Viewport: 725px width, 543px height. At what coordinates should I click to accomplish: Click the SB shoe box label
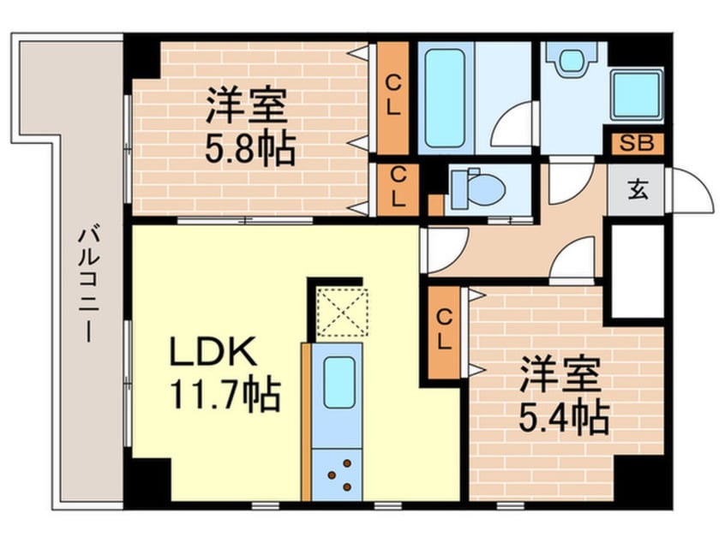coord(636,144)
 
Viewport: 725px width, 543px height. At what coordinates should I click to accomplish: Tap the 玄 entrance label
coord(638,190)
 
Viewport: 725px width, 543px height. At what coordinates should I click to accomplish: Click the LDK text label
coord(213,352)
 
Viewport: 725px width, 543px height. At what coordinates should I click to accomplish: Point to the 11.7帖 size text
coord(225,396)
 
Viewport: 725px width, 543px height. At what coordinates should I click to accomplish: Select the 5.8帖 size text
coord(250,148)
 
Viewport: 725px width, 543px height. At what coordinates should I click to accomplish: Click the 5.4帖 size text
coord(563,417)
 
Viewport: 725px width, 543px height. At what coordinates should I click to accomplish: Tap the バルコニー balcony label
coord(88,284)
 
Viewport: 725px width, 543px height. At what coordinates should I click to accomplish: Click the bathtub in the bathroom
coord(444,98)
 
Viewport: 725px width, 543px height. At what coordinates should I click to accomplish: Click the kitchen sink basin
coord(339,383)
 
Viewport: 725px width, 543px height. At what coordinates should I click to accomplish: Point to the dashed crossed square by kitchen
coord(342,313)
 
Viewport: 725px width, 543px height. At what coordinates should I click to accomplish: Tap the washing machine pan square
coord(636,96)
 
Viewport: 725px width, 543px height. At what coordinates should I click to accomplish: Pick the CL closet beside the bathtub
coord(392,98)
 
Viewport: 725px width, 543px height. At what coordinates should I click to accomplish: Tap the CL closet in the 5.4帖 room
coord(444,332)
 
